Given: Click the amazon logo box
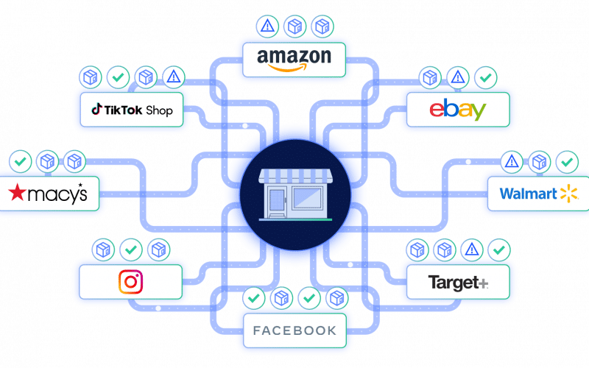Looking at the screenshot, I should (294, 58).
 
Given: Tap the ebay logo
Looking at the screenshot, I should (457, 110).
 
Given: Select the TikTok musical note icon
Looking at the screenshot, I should (96, 110).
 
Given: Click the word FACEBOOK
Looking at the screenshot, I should (294, 330).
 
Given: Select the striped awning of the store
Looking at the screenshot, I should (294, 176).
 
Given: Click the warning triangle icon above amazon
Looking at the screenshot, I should (267, 26).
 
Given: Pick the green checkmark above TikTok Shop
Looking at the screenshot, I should (117, 76).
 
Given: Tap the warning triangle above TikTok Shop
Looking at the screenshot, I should (173, 76).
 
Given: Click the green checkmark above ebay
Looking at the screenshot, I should (484, 77).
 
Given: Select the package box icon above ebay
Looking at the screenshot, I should (430, 77).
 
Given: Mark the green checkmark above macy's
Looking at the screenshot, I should (20, 160).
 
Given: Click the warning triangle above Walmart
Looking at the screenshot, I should (512, 160).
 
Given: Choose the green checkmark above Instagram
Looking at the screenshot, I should (130, 250).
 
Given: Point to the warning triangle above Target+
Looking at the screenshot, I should (472, 250).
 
